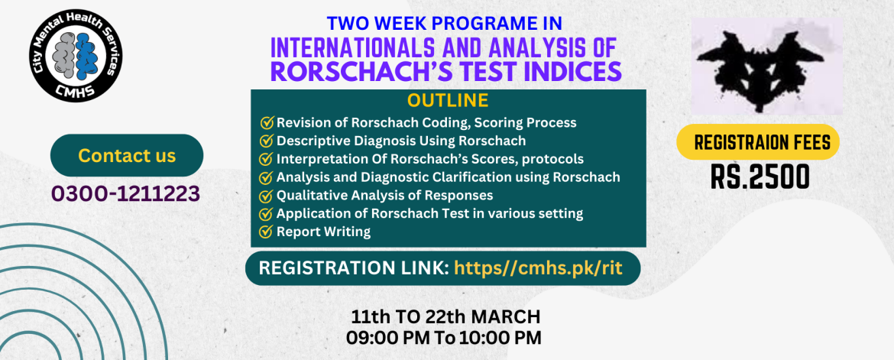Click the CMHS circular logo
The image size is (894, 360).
point(78,56)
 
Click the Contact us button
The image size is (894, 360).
point(127,155)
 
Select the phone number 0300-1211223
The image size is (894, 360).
point(125,193)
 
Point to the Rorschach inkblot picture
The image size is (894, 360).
point(767,66)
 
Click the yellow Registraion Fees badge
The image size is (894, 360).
point(758,141)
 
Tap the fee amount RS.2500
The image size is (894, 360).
point(760,177)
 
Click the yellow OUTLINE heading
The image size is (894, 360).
point(448,100)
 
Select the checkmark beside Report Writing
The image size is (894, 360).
point(266,232)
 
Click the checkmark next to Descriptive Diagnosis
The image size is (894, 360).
point(266,141)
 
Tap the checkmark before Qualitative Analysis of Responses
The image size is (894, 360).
point(266,196)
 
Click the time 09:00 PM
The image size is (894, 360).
point(389,337)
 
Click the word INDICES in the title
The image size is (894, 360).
point(556,72)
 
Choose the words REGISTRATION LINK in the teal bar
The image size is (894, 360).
point(354,268)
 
